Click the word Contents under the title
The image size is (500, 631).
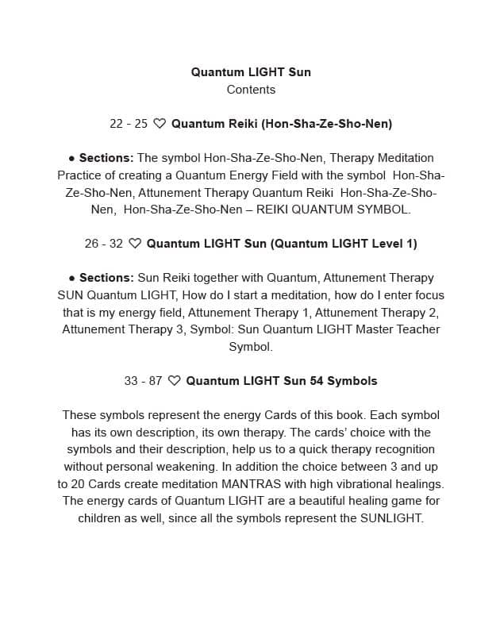(251, 90)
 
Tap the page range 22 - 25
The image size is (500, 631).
(129, 124)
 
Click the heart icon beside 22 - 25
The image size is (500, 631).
(160, 124)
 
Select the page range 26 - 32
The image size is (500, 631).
(104, 244)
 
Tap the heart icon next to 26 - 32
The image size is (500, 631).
(135, 244)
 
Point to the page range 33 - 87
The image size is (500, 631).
(143, 381)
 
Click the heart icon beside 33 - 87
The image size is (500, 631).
(175, 381)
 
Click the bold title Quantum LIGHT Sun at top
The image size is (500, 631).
(251, 72)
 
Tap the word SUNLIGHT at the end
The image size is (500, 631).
(392, 518)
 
